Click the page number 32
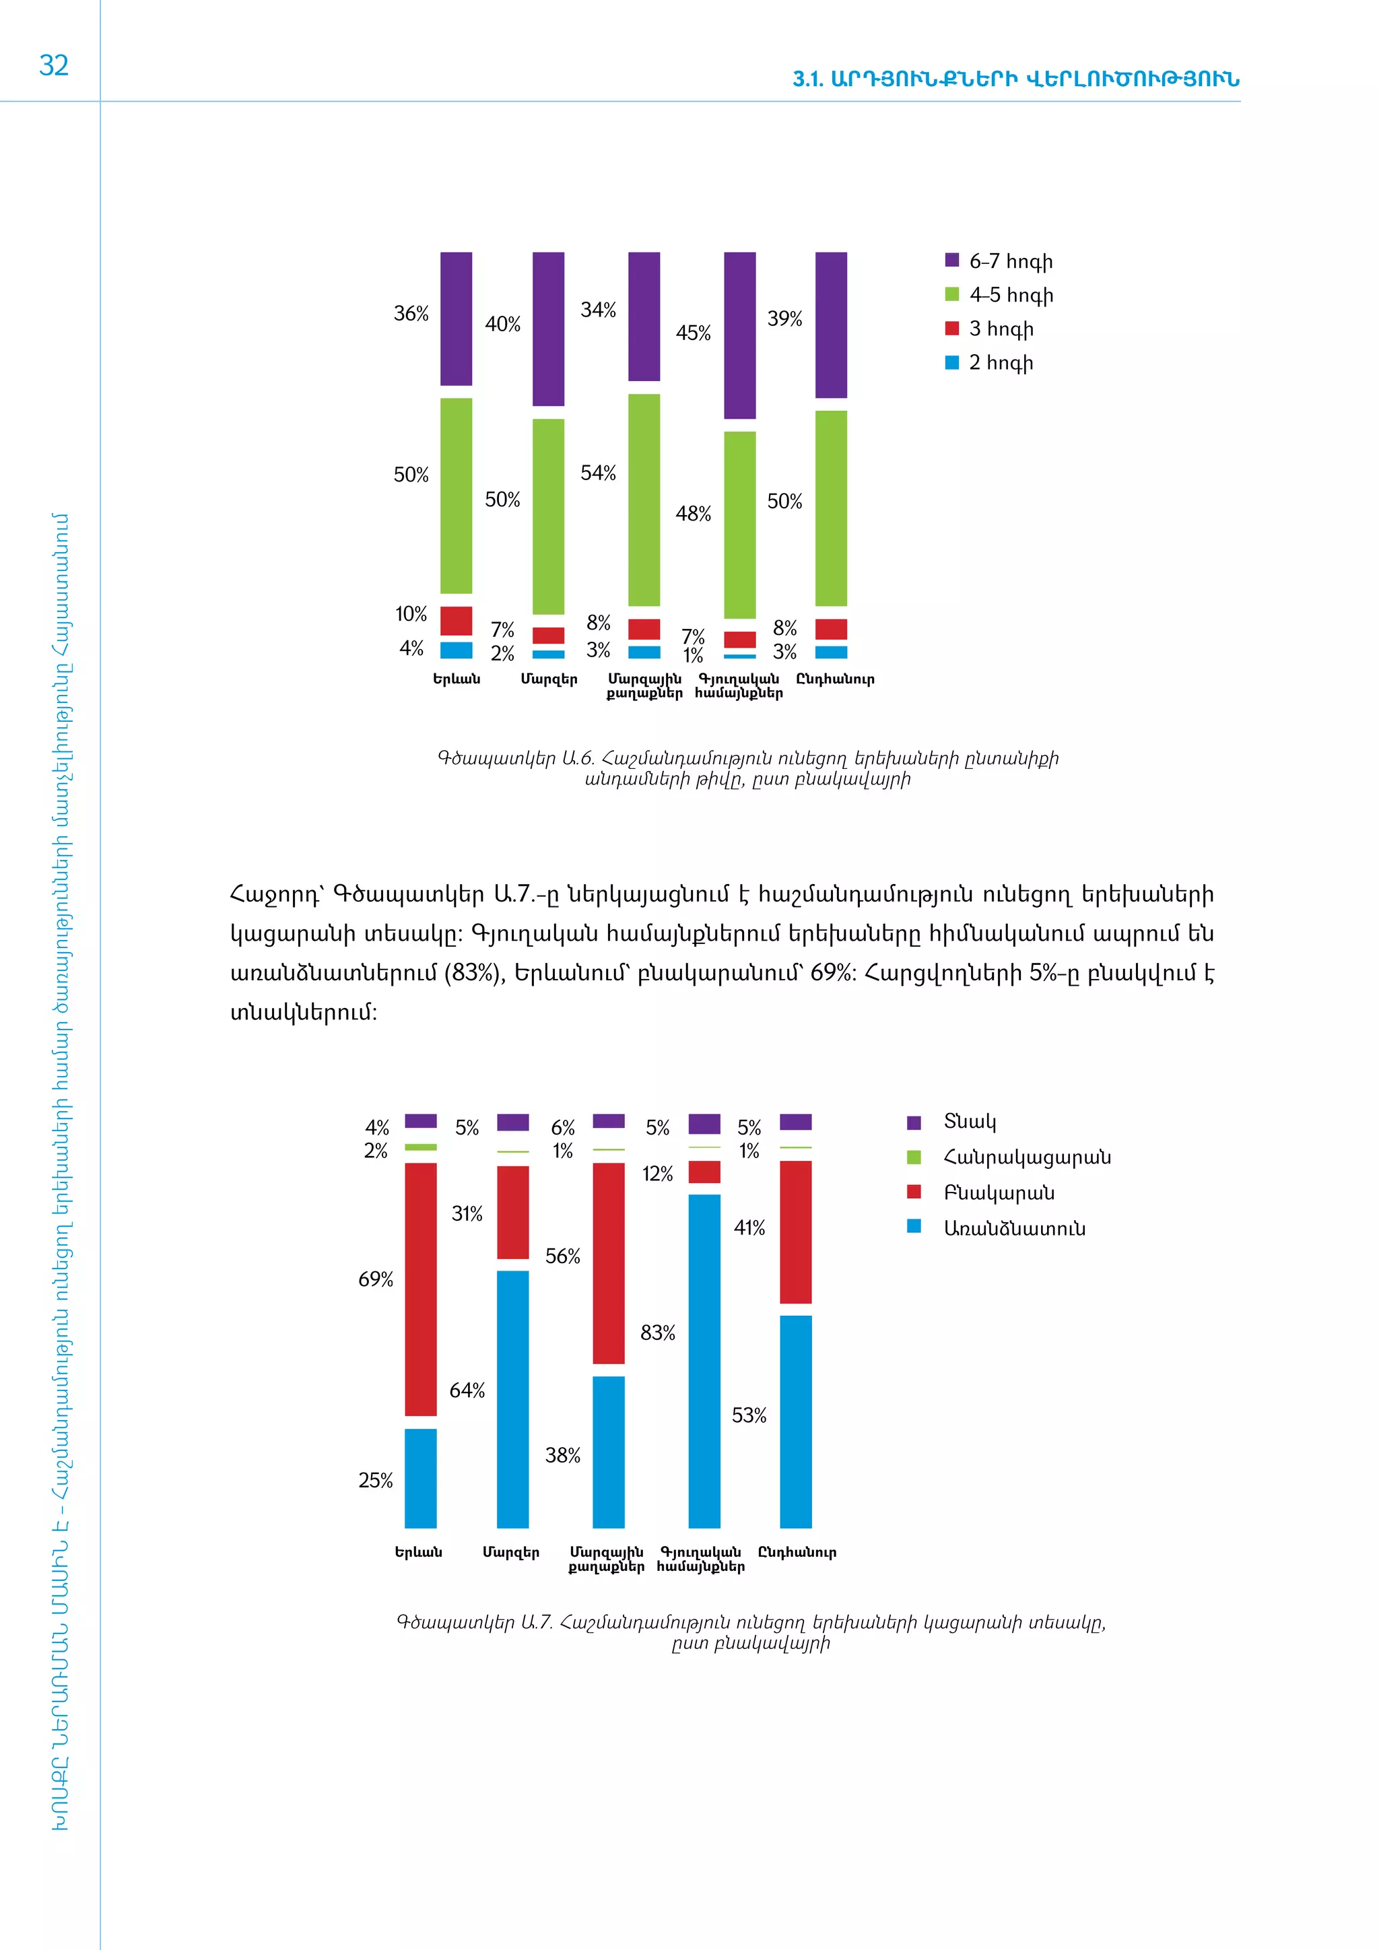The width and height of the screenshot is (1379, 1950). [53, 65]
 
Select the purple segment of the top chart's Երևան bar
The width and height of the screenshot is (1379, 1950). [456, 318]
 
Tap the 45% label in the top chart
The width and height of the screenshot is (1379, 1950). [693, 333]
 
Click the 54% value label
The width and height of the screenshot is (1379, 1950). [598, 473]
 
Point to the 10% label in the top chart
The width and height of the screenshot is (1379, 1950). [411, 613]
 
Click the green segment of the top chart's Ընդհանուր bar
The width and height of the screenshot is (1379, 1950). [830, 508]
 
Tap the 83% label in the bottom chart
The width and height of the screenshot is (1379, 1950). [657, 1333]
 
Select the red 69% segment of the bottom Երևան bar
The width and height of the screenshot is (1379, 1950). [420, 1288]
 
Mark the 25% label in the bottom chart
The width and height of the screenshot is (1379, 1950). [375, 1480]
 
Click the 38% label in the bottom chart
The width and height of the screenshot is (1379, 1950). [562, 1455]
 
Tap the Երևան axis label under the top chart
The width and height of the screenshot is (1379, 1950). [456, 679]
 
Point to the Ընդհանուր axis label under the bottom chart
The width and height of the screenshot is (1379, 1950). [797, 1553]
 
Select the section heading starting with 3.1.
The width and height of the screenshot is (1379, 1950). [1015, 79]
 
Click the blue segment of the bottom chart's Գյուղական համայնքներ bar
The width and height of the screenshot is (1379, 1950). [704, 1361]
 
